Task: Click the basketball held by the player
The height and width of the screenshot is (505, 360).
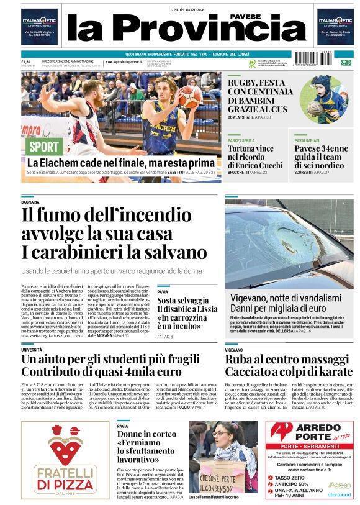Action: [190, 97]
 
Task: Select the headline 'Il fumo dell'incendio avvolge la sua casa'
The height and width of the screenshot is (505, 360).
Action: [115, 224]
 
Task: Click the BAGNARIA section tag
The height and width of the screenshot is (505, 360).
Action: [30, 202]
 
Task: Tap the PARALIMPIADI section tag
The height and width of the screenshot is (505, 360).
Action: [308, 141]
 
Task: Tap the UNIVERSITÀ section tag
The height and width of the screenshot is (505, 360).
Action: [32, 350]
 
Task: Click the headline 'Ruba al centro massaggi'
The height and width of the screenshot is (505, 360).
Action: [286, 365]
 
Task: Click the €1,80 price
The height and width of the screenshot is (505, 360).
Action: [26, 62]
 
